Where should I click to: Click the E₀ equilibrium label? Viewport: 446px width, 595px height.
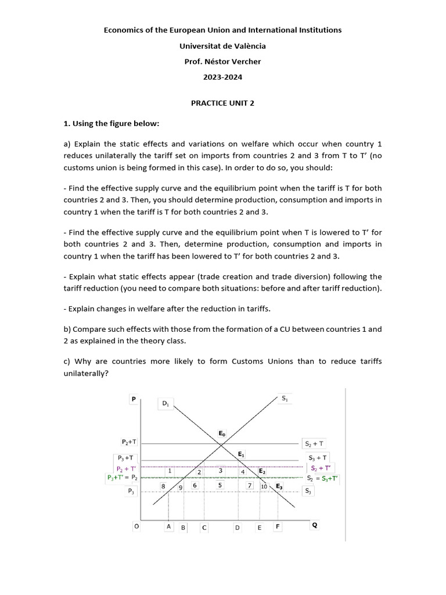click(x=222, y=433)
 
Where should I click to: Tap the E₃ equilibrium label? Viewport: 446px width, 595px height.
click(x=279, y=486)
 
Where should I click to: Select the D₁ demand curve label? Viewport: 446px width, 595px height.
click(x=166, y=403)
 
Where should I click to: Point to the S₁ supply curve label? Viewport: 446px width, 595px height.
click(x=285, y=399)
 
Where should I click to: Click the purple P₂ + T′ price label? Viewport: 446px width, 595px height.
click(x=127, y=468)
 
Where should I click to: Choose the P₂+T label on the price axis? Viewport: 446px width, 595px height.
click(x=129, y=442)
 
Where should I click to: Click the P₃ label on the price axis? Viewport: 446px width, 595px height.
click(x=131, y=491)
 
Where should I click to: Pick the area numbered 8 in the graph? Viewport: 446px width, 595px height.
click(x=163, y=486)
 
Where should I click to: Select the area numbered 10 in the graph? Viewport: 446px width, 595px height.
click(x=264, y=486)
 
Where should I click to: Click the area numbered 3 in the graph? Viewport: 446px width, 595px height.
click(x=221, y=471)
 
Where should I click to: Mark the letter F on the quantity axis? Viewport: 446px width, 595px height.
click(x=278, y=526)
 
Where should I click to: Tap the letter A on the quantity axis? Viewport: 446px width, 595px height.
click(x=168, y=526)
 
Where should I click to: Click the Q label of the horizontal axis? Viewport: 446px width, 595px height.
click(x=315, y=525)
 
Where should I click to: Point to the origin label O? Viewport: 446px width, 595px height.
click(x=136, y=526)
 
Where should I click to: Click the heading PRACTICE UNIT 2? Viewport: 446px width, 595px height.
click(x=222, y=103)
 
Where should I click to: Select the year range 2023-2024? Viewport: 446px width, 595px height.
click(x=222, y=77)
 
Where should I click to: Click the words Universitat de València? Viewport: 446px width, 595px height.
click(x=222, y=45)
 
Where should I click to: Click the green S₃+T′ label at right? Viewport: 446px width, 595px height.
click(x=329, y=479)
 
